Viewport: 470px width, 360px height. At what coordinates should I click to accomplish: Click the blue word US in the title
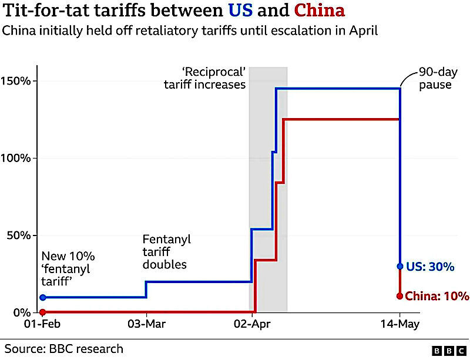click(240, 10)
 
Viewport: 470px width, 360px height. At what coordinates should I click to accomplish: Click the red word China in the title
click(320, 10)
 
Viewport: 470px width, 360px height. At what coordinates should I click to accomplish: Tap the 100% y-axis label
click(16, 158)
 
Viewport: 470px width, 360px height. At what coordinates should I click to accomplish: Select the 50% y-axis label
click(19, 235)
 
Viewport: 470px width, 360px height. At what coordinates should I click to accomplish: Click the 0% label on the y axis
click(22, 312)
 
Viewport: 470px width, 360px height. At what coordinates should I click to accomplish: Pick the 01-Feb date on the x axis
click(42, 324)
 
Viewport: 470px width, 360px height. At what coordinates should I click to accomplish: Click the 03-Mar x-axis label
click(146, 324)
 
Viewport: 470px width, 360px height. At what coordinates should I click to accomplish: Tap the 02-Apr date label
click(252, 324)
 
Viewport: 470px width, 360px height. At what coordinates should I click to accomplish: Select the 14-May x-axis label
click(400, 324)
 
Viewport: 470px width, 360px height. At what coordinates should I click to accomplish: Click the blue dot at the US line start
click(43, 297)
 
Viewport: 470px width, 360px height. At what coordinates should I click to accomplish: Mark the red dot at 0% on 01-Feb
click(43, 312)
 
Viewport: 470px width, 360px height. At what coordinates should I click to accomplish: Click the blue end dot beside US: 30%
click(400, 266)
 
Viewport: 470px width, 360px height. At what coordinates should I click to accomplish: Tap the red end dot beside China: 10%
click(399, 296)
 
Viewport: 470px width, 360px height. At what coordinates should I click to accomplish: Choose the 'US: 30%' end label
click(430, 267)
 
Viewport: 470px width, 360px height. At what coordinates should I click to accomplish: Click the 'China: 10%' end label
click(437, 296)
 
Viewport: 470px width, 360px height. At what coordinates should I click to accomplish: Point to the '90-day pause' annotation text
click(438, 78)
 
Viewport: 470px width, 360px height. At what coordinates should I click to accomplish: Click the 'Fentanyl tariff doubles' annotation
click(167, 252)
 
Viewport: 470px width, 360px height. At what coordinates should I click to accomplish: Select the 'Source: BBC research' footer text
click(64, 349)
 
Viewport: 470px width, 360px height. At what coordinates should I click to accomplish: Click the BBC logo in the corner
click(449, 351)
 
